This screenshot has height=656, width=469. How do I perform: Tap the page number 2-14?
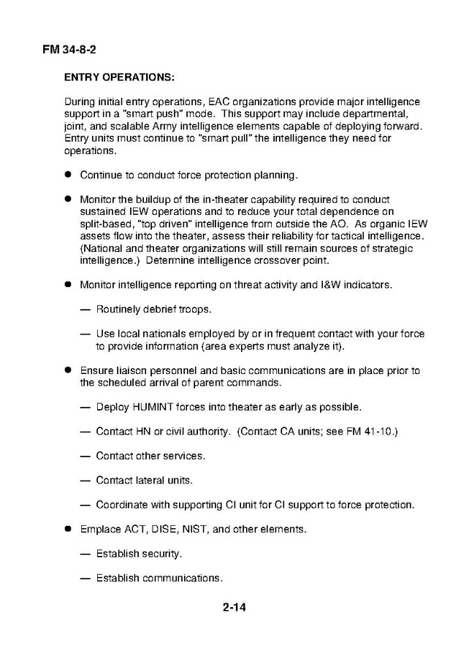(x=234, y=606)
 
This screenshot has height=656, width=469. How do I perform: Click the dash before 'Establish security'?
(x=85, y=554)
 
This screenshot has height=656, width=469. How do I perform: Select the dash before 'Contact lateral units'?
(x=85, y=480)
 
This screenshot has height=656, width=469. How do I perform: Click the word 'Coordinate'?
(x=123, y=505)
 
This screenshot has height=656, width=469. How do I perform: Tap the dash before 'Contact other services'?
(x=85, y=456)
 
